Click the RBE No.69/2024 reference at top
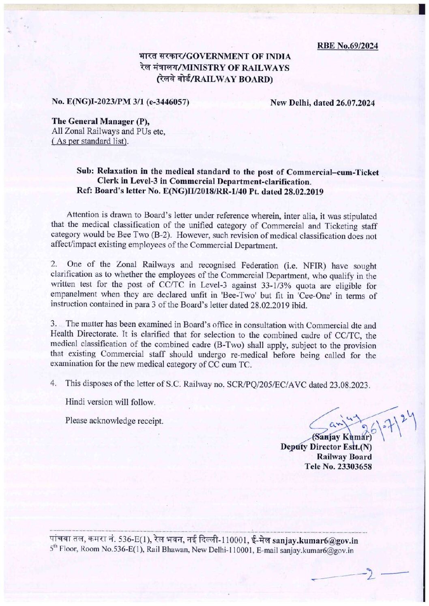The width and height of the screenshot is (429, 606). click(347, 46)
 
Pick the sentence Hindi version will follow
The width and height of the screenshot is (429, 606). click(111, 402)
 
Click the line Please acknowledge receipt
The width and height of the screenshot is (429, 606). click(114, 421)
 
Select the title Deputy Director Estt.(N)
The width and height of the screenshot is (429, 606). click(326, 447)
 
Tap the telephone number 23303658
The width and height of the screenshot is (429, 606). click(353, 466)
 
